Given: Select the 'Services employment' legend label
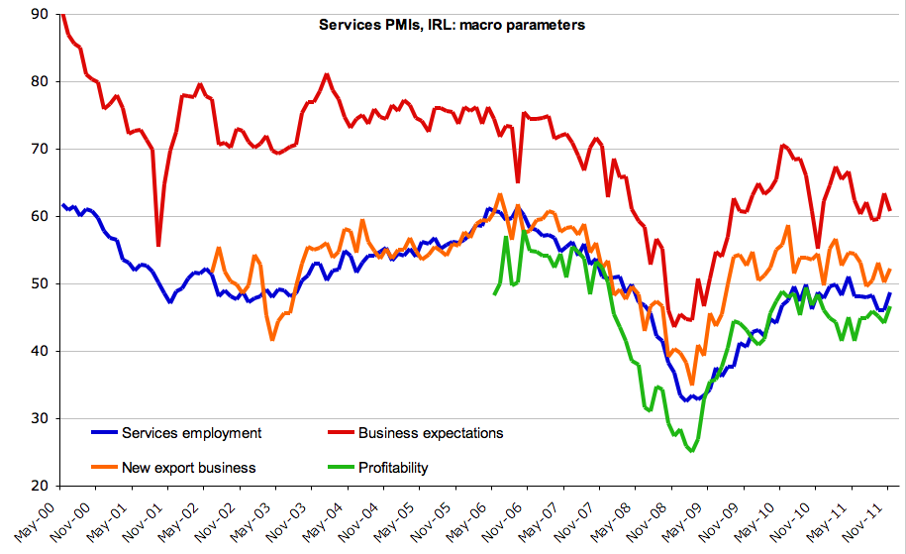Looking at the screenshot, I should point(191,432).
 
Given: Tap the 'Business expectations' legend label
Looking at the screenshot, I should point(431,432).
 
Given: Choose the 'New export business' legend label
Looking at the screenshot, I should point(188,467).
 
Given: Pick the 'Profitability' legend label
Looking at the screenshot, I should point(393,467).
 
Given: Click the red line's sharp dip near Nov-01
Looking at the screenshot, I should point(158,245).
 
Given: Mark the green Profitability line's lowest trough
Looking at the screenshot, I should point(692,451).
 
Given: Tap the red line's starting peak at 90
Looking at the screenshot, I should point(61,14).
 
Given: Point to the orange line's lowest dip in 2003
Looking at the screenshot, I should point(272,340).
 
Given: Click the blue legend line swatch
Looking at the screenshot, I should point(103,433).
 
